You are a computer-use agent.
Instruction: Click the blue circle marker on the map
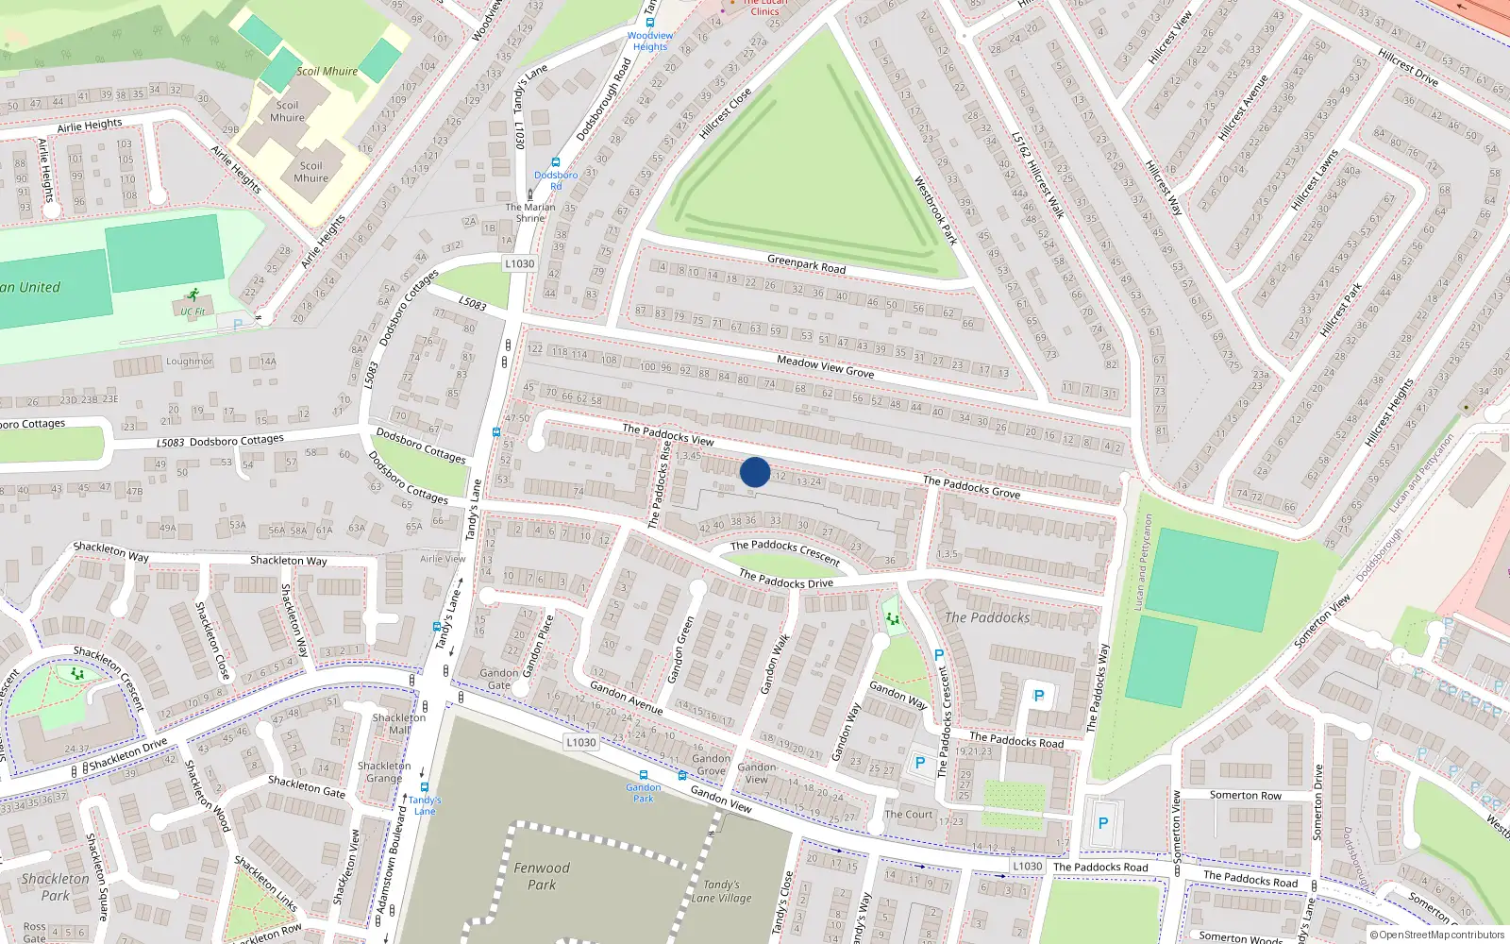(755, 472)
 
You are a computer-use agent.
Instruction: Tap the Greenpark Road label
(806, 263)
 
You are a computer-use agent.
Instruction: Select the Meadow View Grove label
(825, 367)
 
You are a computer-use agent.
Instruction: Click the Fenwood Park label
(542, 876)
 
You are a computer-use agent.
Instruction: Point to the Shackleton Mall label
(399, 724)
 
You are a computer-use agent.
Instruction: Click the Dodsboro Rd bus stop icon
(555, 163)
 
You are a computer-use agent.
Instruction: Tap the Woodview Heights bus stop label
(650, 42)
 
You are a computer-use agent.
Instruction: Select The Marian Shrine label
(530, 212)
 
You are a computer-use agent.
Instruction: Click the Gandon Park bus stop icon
(644, 776)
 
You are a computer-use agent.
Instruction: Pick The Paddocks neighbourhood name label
(987, 617)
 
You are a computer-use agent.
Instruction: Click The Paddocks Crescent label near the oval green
(784, 551)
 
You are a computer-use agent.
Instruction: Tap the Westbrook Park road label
(935, 211)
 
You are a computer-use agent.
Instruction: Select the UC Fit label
(193, 312)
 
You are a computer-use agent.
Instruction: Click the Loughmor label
(189, 362)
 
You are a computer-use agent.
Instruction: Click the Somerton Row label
(1245, 796)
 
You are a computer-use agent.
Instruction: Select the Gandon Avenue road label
(626, 697)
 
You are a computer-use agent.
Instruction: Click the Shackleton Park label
(55, 886)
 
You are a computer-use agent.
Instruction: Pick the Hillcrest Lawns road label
(1315, 180)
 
